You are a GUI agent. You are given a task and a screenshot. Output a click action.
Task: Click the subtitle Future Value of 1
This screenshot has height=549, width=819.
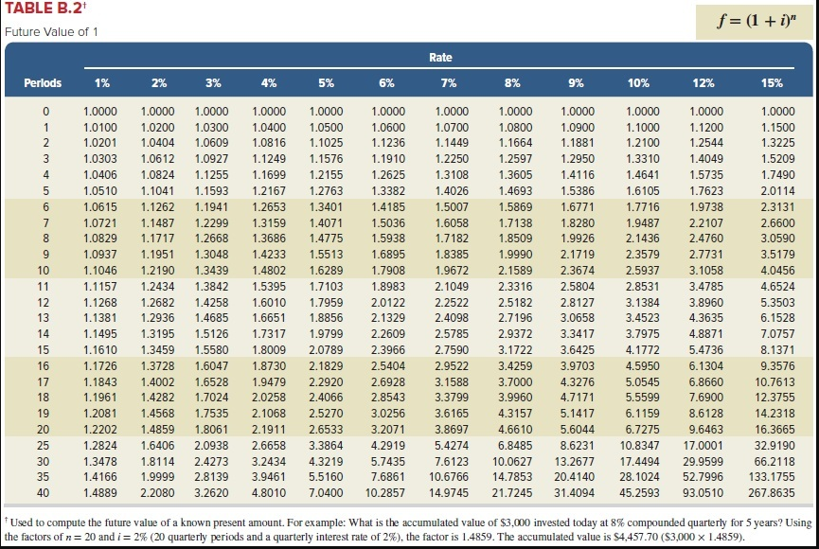(51, 32)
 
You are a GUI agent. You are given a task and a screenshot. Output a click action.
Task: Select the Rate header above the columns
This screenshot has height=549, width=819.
(440, 58)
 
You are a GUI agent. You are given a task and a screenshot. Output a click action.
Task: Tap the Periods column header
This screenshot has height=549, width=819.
(43, 82)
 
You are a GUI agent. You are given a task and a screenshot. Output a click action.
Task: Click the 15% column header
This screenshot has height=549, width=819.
(772, 82)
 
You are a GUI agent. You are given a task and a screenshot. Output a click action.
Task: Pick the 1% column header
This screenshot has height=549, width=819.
(102, 82)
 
